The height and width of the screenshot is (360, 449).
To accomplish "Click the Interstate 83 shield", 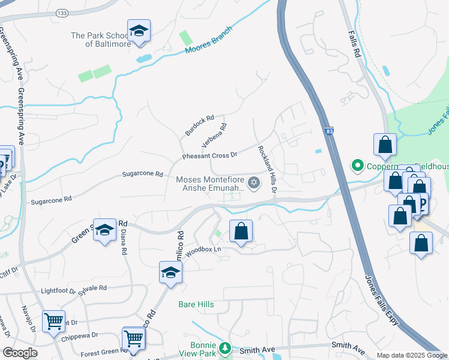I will pos(330,130).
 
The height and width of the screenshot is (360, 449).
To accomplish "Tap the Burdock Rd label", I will pos(200,125).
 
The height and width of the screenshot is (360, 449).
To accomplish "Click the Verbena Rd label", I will pos(214,136).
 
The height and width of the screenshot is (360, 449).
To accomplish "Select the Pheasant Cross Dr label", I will pos(210,155).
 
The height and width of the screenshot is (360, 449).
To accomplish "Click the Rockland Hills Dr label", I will pos(267,169).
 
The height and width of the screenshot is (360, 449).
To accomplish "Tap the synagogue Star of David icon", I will pos(254,182).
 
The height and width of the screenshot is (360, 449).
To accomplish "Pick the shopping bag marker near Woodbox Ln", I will pos(241,231).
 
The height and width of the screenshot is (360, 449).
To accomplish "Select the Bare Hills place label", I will pos(196,304).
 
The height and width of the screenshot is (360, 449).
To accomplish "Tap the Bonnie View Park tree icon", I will pos(225,348).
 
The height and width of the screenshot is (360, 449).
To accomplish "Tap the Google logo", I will pos(20,353).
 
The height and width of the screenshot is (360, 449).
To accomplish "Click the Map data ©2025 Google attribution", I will pos(412,355).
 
